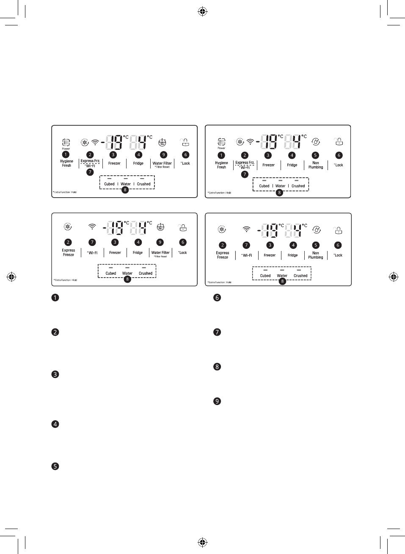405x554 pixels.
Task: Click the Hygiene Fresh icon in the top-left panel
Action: point(66,142)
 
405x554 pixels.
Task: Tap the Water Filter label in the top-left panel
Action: point(162,163)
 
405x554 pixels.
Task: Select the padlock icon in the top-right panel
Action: point(338,141)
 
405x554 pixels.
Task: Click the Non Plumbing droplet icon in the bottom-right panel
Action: point(316,230)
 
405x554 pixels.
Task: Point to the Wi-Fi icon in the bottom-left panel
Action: point(92,227)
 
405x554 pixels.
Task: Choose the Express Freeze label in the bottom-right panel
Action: point(223,255)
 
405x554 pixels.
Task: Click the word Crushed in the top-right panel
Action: point(298,186)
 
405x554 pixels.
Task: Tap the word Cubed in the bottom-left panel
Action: point(111,273)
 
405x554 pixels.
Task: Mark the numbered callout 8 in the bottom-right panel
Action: point(282,281)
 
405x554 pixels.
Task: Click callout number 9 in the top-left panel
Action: point(163,155)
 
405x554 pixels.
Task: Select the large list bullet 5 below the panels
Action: point(55,466)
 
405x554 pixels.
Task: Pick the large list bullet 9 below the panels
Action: point(217,401)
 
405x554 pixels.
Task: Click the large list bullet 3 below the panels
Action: point(55,374)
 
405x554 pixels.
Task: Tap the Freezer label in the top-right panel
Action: point(268,165)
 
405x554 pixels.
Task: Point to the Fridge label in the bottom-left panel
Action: point(138,253)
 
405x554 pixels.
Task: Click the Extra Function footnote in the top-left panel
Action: point(65,192)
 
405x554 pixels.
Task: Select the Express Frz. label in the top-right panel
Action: point(245,163)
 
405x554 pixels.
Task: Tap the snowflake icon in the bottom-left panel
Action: point(67,227)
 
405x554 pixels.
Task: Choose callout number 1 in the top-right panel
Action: point(221,155)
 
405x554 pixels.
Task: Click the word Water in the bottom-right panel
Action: point(282,276)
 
